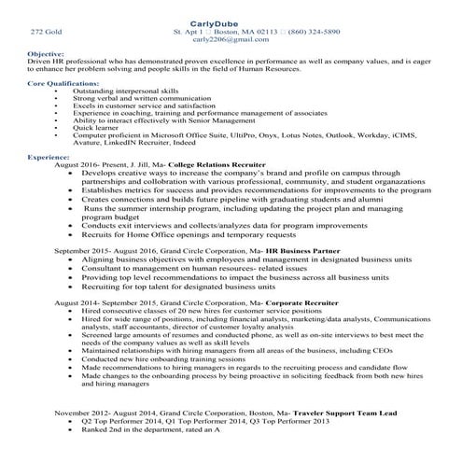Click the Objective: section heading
coord(45,54)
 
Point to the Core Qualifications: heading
coord(63,83)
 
